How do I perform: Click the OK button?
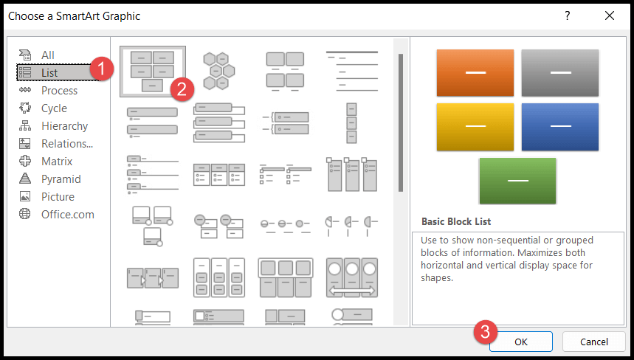521,342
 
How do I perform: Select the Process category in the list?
59,91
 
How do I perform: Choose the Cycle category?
54,108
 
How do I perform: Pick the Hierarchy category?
64,126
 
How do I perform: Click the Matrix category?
57,162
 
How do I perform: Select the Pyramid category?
61,179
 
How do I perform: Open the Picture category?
58,197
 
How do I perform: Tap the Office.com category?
67,215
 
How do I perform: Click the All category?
48,55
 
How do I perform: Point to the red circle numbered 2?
182,89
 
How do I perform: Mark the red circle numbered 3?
483,331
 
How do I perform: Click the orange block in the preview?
475,72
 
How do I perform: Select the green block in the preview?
517,180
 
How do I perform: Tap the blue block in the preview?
559,126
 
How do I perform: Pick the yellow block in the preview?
475,126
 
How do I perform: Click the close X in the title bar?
609,15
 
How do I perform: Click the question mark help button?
567,15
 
